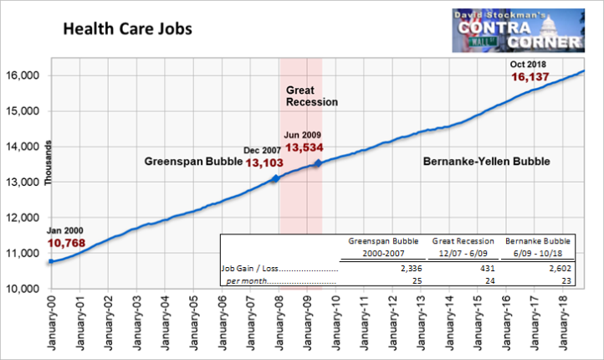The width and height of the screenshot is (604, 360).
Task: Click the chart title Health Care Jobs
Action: pyautogui.click(x=127, y=29)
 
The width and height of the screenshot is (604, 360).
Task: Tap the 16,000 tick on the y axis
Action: pyautogui.click(x=23, y=75)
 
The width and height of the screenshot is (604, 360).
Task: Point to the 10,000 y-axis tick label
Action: pyautogui.click(x=23, y=289)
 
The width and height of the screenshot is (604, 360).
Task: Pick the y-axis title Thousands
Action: pyautogui.click(x=48, y=163)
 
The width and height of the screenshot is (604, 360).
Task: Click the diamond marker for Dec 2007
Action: pyautogui.click(x=275, y=178)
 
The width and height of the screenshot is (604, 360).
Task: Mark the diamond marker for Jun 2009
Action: pyautogui.click(x=318, y=163)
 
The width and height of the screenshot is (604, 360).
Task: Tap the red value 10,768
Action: pyautogui.click(x=66, y=244)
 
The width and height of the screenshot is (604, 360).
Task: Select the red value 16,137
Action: pyautogui.click(x=530, y=77)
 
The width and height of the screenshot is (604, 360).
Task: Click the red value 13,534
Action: pyautogui.click(x=305, y=147)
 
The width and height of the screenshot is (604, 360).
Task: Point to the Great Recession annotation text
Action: pyautogui.click(x=312, y=96)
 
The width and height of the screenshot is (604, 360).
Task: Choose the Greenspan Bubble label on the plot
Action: pyautogui.click(x=193, y=161)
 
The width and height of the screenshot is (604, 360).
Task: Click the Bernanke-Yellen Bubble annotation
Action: pyautogui.click(x=487, y=161)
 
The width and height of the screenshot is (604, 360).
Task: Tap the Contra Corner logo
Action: pyautogui.click(x=519, y=30)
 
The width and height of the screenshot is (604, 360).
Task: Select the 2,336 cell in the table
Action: pyautogui.click(x=411, y=268)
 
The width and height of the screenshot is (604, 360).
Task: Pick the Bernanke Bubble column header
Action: pyautogui.click(x=538, y=247)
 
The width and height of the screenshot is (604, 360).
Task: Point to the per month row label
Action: pyautogui.click(x=247, y=281)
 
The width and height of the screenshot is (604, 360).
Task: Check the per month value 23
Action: pyautogui.click(x=566, y=281)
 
